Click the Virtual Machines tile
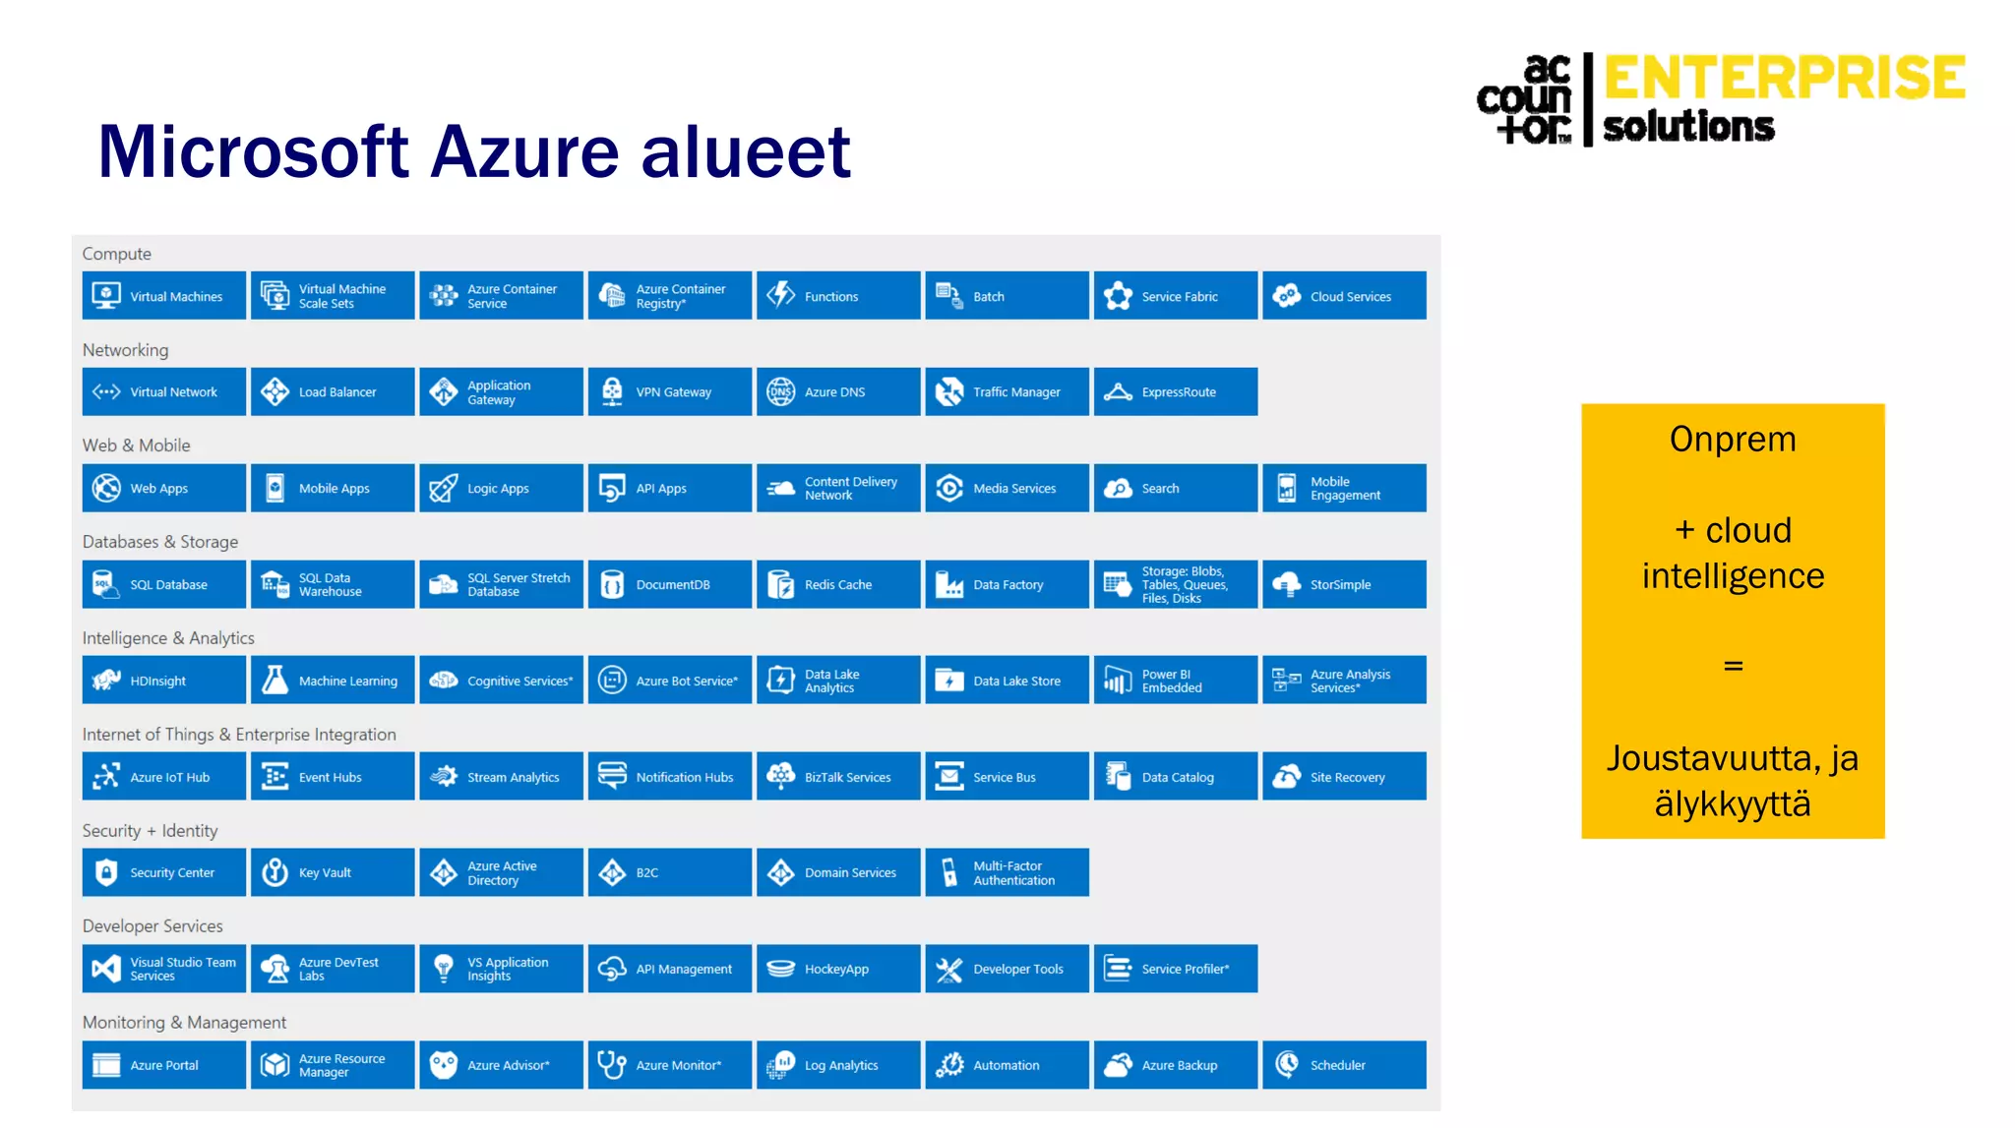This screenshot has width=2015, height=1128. pos(164,296)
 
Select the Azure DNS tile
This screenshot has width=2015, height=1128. pos(837,392)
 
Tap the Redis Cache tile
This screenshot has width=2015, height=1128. pos(837,585)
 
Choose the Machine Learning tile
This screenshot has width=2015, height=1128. pos(333,681)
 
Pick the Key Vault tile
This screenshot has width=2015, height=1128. pos(333,873)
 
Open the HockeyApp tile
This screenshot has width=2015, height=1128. pos(837,970)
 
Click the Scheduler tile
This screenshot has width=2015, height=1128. pos(1344,1065)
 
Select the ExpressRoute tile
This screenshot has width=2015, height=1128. pos(1176,392)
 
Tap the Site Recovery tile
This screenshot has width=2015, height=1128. pos(1344,777)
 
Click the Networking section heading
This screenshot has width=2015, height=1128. pos(126,350)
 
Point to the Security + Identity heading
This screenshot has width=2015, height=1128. pos(151,831)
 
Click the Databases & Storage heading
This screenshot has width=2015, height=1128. pos(160,542)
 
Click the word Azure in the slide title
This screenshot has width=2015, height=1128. pos(526,152)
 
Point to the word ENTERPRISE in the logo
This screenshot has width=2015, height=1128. pos(1785,78)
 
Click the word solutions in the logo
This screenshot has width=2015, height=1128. pos(1688,127)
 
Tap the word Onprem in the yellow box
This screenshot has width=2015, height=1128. pos(1733,440)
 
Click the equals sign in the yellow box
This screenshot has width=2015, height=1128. pos(1733,667)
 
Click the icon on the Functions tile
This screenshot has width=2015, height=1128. pos(781,295)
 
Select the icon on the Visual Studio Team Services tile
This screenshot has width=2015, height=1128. pos(106,970)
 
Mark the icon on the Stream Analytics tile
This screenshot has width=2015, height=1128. pos(444,777)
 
